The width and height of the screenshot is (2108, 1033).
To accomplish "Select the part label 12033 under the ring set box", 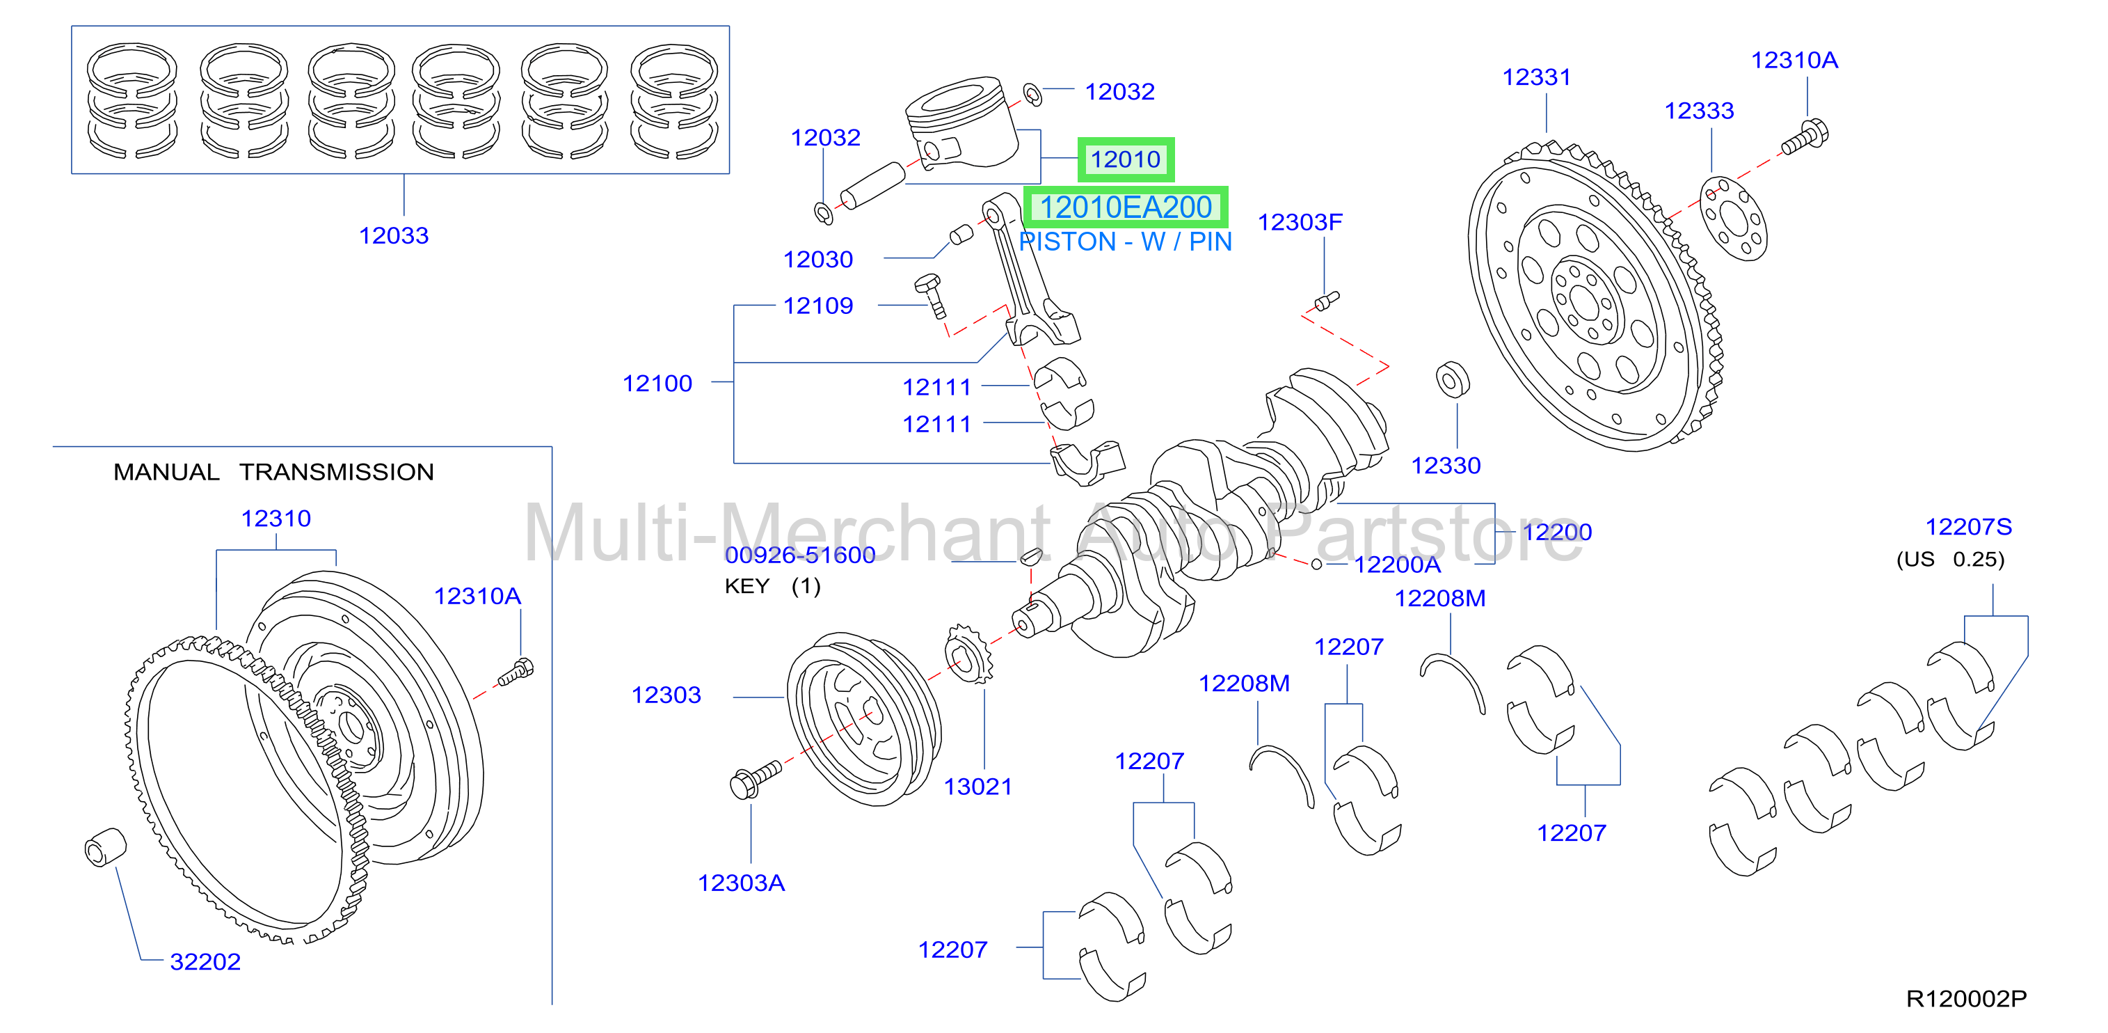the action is pyautogui.click(x=394, y=236).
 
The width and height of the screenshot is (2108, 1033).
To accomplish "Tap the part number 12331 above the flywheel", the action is pyautogui.click(x=1536, y=77).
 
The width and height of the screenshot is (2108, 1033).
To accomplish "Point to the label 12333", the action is pyautogui.click(x=1699, y=111).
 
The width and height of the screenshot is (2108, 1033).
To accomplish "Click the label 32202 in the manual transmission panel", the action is pyautogui.click(x=205, y=962).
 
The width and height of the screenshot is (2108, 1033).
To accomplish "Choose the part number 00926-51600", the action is pyautogui.click(x=799, y=555).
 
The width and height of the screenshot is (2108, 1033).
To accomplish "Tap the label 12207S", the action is pyautogui.click(x=1968, y=527).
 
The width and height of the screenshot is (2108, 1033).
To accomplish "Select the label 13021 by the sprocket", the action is pyautogui.click(x=978, y=787).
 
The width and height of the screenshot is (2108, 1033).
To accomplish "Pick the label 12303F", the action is pyautogui.click(x=1300, y=222).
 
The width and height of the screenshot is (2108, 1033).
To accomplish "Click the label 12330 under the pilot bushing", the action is pyautogui.click(x=1446, y=466).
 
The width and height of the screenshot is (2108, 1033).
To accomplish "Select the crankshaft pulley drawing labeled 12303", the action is pyautogui.click(x=864, y=718).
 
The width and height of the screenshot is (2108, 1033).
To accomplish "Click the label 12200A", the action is pyautogui.click(x=1397, y=565).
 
